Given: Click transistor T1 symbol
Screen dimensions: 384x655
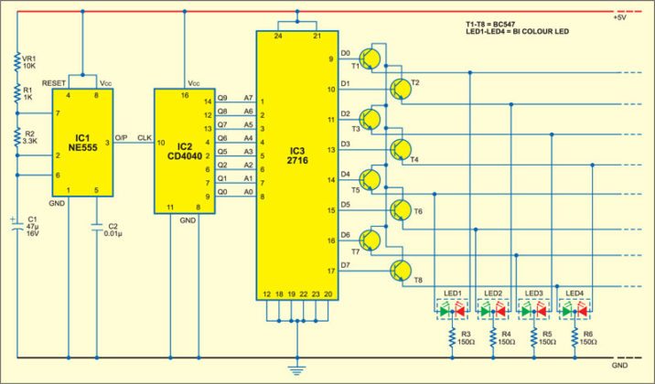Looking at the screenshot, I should (370, 59).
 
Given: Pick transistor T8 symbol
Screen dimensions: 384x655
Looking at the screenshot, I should (401, 270).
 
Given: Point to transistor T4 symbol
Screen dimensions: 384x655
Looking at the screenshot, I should (401, 149).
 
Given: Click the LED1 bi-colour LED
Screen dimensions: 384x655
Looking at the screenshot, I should (450, 311).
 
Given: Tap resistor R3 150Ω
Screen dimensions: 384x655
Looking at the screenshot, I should (452, 338).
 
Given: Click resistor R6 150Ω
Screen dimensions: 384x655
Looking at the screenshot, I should (577, 338).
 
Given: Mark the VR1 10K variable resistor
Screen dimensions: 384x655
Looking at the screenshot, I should (17, 62).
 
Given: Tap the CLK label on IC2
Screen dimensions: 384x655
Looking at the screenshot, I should (142, 139).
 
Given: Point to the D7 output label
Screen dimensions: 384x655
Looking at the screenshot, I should (345, 264).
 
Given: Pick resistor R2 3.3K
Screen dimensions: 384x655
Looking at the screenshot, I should (17, 136).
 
